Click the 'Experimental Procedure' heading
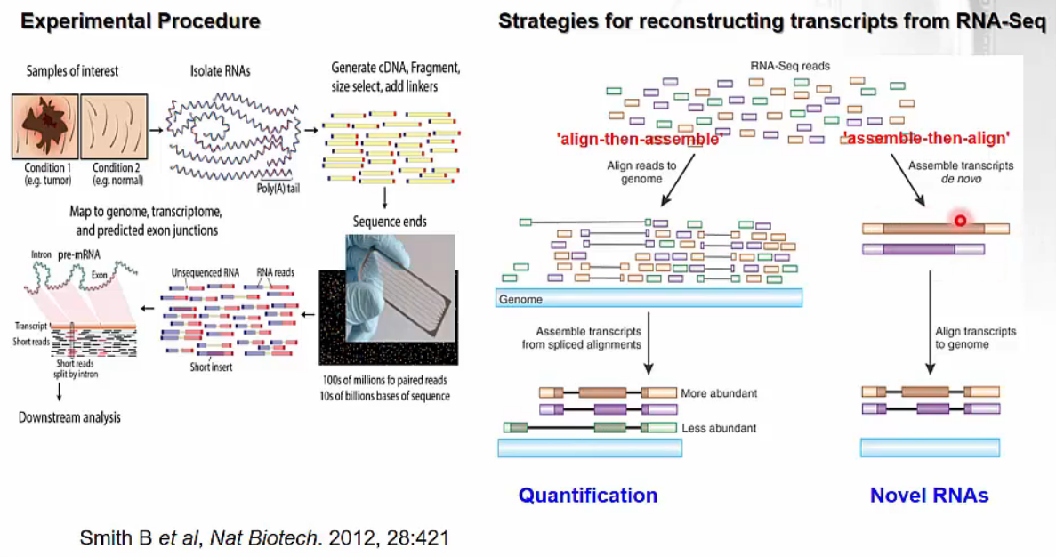(140, 21)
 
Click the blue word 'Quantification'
(588, 496)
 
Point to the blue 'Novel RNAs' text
(929, 496)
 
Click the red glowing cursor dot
(960, 220)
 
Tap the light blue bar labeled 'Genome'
(649, 299)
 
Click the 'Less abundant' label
(719, 428)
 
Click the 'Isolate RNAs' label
(221, 70)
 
